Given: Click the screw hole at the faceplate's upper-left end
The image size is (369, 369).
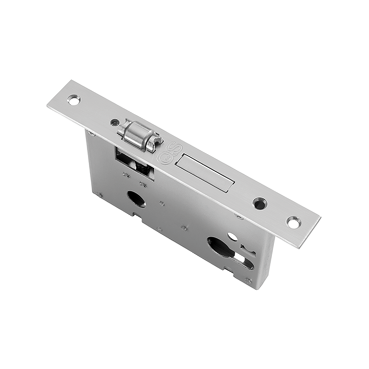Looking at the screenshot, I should point(73,100).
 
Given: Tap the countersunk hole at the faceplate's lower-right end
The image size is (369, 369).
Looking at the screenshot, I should point(293,222).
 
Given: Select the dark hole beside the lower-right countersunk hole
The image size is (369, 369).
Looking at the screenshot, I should point(259,203).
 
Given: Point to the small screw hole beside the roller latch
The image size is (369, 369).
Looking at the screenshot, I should point(115,123).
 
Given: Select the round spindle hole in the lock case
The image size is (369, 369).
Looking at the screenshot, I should point(136,199).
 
